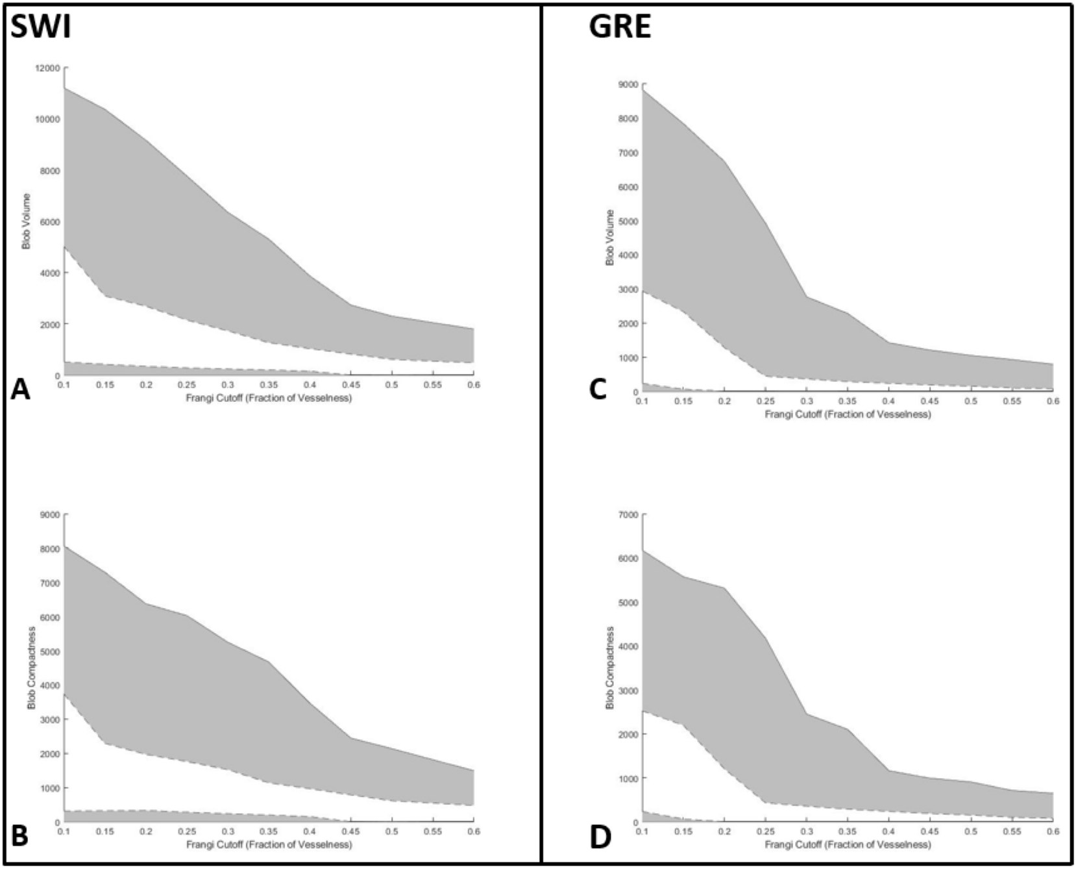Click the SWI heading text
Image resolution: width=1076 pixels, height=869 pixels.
pyautogui.click(x=40, y=29)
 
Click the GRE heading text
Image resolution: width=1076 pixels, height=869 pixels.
pyautogui.click(x=619, y=29)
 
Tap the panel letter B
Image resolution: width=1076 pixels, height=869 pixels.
pyautogui.click(x=20, y=836)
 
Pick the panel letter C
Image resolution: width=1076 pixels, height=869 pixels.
pyautogui.click(x=598, y=389)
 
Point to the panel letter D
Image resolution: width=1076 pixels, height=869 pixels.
pyautogui.click(x=600, y=837)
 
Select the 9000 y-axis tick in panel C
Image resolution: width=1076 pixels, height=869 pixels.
pyautogui.click(x=629, y=84)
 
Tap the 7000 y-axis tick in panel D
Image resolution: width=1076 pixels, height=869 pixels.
pyautogui.click(x=629, y=515)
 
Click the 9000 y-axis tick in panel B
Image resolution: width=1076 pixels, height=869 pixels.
pyautogui.click(x=50, y=515)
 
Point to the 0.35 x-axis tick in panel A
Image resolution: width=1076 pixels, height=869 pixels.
pyautogui.click(x=269, y=385)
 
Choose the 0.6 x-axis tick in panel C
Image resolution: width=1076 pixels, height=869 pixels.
pyautogui.click(x=1053, y=401)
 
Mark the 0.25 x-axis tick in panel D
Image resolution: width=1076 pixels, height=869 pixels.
pyautogui.click(x=765, y=832)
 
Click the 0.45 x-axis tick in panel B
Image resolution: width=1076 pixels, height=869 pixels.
pyautogui.click(x=350, y=832)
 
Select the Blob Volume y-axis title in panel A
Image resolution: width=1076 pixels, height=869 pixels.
pyautogui.click(x=27, y=221)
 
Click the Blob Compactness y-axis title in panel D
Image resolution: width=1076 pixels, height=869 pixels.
pyautogui.click(x=609, y=668)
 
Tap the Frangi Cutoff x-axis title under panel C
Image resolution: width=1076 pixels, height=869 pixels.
pyautogui.click(x=847, y=414)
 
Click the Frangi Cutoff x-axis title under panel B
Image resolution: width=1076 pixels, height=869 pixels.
pyautogui.click(x=269, y=844)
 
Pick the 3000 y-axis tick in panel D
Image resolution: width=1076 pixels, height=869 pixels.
pyautogui.click(x=629, y=690)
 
